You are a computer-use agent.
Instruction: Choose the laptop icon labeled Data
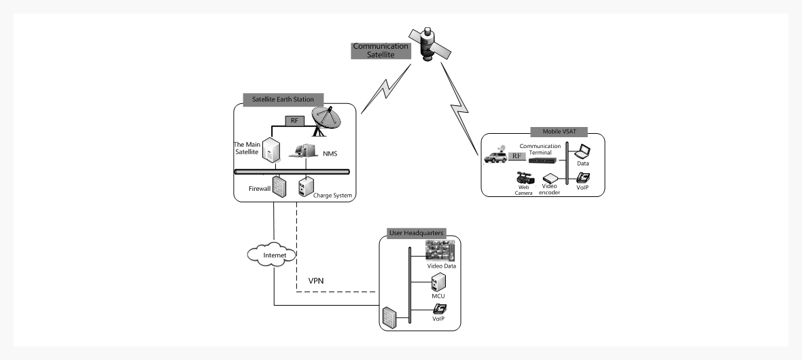pyautogui.click(x=583, y=152)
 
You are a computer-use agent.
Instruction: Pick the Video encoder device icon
pyautogui.click(x=549, y=178)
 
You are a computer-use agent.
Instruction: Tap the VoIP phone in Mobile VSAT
pyautogui.click(x=583, y=179)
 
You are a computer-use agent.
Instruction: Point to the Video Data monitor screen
pyautogui.click(x=439, y=251)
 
